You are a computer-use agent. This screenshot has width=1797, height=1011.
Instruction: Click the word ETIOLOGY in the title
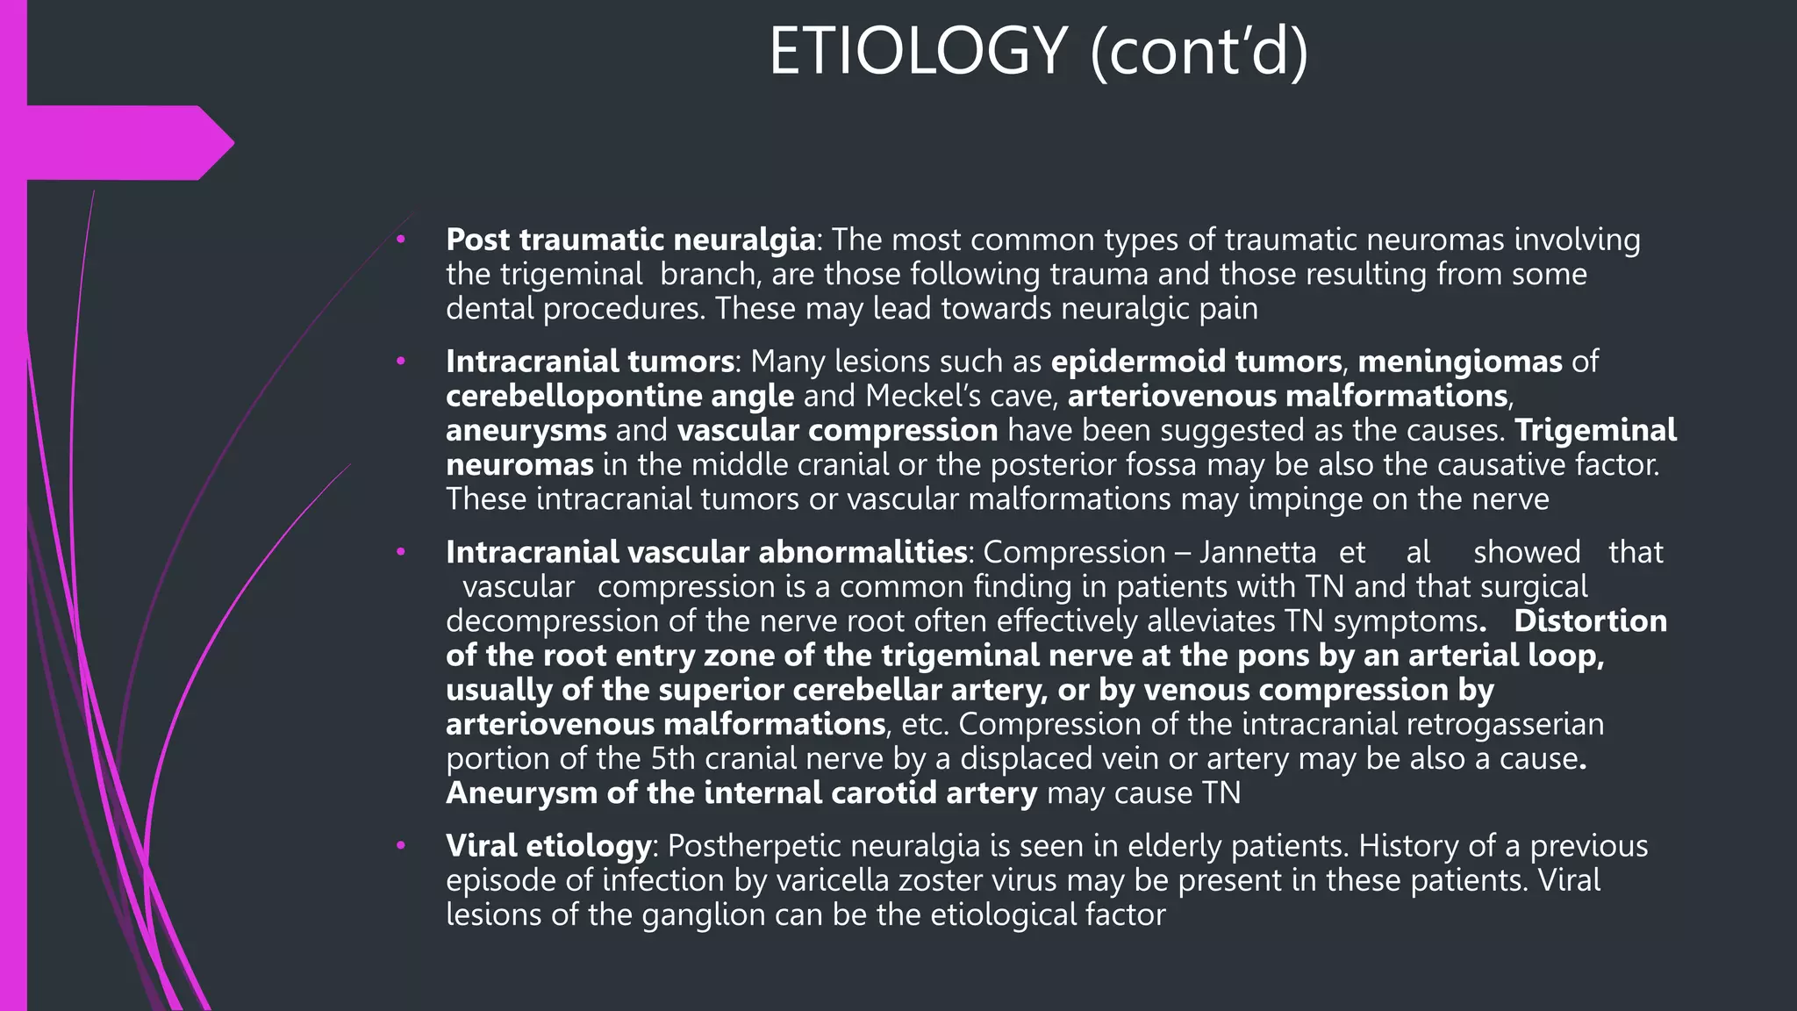918,52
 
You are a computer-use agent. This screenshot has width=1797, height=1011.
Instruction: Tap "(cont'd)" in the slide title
1199,52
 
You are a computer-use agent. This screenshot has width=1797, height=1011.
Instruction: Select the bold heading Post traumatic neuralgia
630,239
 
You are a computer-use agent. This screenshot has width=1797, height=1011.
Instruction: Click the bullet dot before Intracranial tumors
401,361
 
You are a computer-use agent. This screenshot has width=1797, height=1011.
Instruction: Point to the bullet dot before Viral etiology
401,845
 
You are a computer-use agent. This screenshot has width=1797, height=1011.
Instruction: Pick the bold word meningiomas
1460,361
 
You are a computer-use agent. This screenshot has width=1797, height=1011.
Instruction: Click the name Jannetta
1257,552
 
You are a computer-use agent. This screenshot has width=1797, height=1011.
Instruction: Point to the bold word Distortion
1590,620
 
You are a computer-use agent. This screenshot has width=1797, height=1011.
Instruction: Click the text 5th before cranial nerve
673,758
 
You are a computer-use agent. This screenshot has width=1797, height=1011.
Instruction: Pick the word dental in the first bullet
490,308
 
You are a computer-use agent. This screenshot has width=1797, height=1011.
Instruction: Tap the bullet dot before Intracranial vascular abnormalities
401,552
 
